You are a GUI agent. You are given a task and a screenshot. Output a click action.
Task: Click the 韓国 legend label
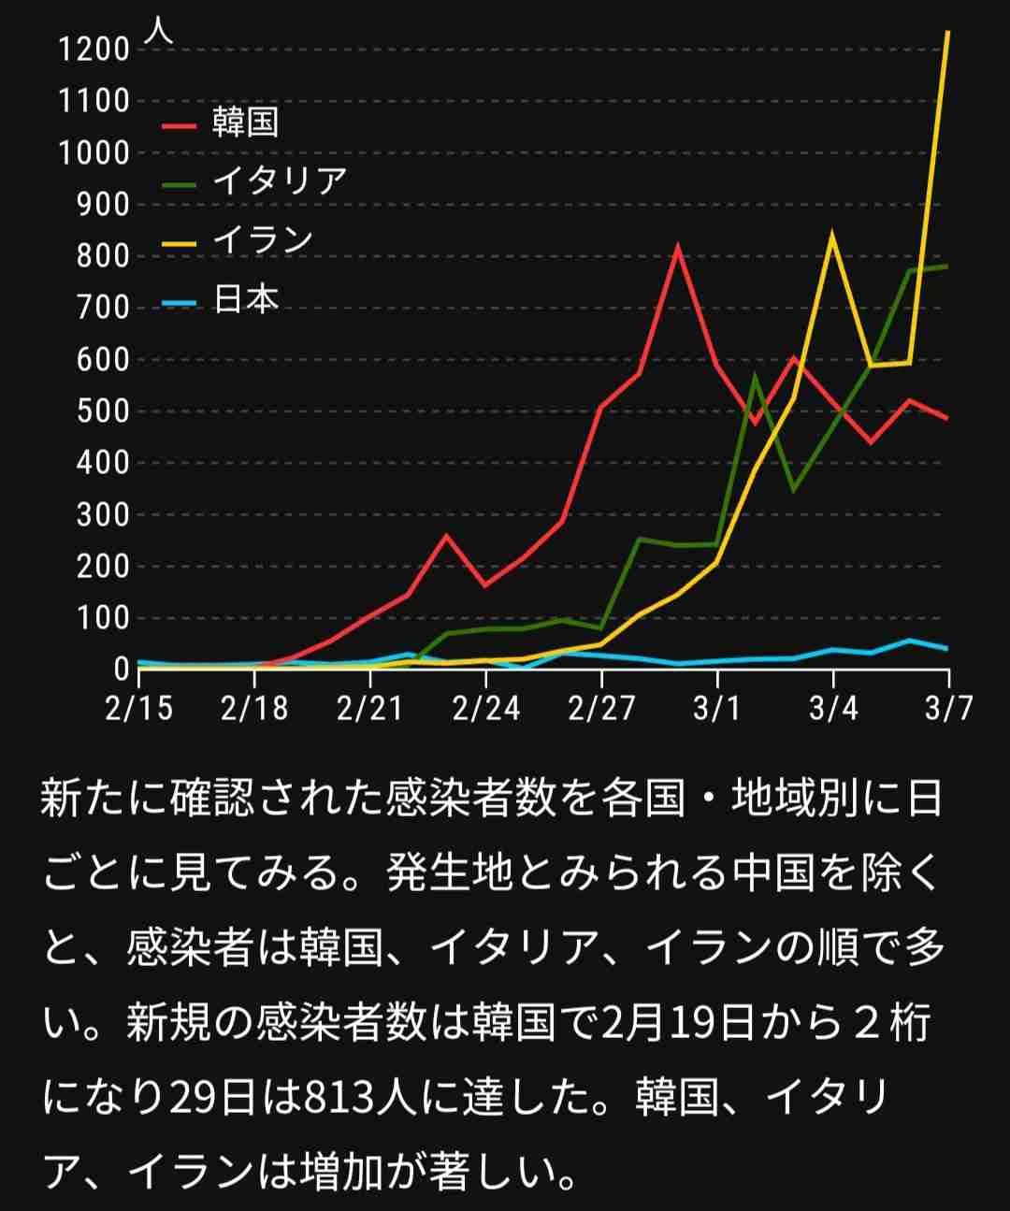tap(245, 123)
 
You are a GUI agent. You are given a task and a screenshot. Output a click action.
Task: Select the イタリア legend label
tap(279, 180)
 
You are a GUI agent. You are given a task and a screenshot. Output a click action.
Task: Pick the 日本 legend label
tap(245, 299)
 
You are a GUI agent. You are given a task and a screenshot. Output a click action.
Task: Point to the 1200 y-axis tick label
tap(94, 49)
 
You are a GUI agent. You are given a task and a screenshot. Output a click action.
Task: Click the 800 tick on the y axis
tap(103, 256)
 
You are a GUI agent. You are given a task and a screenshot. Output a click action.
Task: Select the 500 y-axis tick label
tap(103, 411)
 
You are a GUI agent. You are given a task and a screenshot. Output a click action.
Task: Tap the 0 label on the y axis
tap(121, 670)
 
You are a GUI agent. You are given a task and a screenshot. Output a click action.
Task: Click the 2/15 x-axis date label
tap(139, 708)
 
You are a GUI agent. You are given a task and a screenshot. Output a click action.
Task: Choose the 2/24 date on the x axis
tap(485, 708)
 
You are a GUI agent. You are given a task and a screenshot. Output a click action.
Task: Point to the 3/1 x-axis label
tap(716, 708)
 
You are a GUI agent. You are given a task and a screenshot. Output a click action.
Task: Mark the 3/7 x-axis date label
tap(948, 708)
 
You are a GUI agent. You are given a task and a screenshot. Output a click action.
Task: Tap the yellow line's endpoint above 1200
tap(947, 32)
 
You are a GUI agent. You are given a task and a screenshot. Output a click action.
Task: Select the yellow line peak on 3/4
tap(832, 235)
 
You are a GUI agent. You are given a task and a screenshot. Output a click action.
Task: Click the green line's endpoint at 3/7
tap(947, 267)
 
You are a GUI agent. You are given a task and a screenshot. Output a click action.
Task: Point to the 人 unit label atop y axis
tap(159, 30)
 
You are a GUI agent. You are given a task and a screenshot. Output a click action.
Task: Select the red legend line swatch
tap(180, 124)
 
